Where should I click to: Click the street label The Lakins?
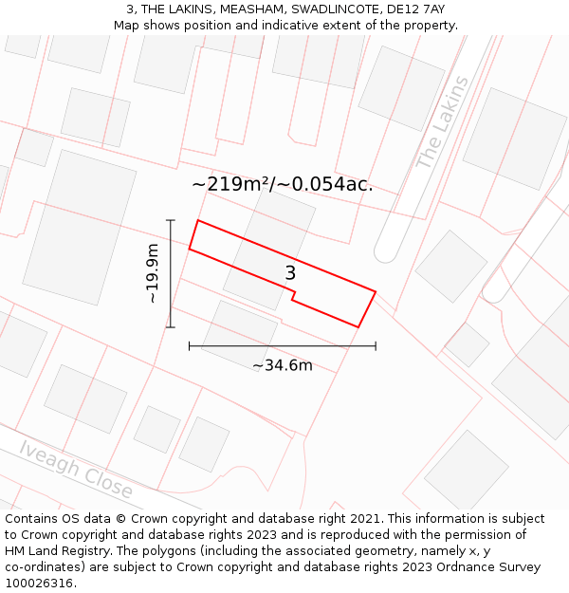tap(442, 122)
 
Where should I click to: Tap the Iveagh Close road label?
tap(76, 469)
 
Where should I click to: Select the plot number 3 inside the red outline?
tap(290, 273)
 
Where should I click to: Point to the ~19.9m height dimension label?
tap(153, 273)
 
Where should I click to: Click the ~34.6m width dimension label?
tap(283, 365)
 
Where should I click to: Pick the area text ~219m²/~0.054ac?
tap(283, 184)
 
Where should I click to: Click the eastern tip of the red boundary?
tap(376, 292)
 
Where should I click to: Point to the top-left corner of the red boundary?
tap(197, 221)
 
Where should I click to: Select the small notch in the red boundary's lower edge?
tap(292, 298)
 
